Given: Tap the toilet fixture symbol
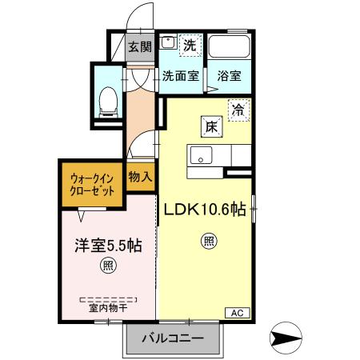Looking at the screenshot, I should click(x=108, y=98).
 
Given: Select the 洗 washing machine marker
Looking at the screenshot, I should click(x=190, y=46).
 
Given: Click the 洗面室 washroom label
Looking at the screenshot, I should click(x=180, y=77).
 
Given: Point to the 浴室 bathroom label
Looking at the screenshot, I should click(x=229, y=77).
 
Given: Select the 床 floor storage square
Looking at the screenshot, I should click(x=210, y=126).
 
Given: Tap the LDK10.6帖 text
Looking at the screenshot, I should click(x=205, y=210).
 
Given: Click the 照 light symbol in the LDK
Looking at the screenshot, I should click(x=206, y=240).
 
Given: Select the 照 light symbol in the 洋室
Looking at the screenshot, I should click(x=106, y=266).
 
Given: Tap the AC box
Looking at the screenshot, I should click(x=237, y=312).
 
